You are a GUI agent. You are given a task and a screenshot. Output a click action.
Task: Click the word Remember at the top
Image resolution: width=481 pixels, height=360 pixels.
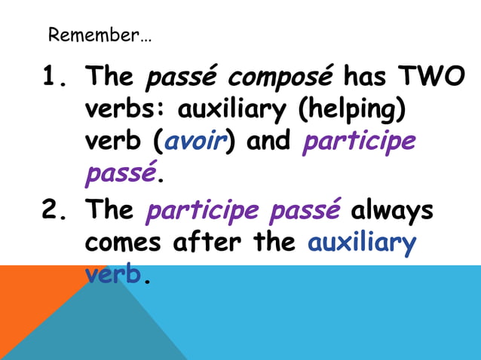point(91,35)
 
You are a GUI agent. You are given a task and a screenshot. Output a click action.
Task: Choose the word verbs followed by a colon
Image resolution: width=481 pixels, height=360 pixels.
point(126,111)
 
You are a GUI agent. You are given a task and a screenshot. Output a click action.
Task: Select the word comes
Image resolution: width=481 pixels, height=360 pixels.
point(124,243)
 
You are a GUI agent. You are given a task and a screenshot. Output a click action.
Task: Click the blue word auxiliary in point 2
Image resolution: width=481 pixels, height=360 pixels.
point(362,243)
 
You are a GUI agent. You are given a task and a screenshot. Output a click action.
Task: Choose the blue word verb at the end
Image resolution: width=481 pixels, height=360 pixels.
point(113,275)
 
